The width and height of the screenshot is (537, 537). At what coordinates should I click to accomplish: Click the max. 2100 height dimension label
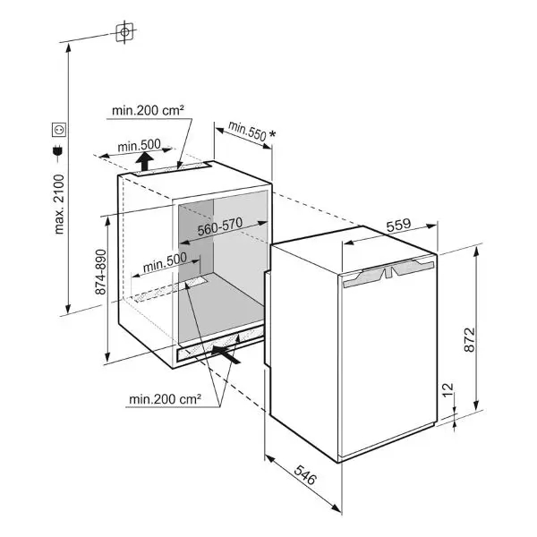(59, 204)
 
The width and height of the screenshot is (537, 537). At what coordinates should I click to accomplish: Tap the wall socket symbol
(58, 130)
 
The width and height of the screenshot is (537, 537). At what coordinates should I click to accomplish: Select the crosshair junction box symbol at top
(124, 32)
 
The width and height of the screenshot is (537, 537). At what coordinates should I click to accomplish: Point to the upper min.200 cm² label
(148, 110)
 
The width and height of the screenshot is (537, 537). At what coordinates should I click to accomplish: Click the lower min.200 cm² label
(165, 399)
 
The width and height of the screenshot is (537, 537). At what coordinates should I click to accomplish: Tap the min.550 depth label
(247, 131)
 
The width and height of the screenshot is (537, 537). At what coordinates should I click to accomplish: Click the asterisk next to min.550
(272, 134)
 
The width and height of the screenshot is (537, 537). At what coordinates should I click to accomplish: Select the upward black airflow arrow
(147, 161)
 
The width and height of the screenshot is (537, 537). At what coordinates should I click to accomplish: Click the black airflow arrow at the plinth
(226, 354)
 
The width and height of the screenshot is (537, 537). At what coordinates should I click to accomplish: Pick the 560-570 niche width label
(220, 226)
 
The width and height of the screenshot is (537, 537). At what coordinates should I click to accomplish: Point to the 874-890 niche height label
(101, 272)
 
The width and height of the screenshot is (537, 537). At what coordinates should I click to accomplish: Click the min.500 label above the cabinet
(139, 146)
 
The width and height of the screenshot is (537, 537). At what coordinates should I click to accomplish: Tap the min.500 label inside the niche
(165, 262)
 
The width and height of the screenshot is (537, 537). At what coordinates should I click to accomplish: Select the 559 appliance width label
(398, 225)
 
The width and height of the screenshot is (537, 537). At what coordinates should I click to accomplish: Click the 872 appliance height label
(470, 340)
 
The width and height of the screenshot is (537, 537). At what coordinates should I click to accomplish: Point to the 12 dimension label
(448, 390)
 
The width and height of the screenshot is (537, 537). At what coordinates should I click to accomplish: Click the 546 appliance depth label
(305, 475)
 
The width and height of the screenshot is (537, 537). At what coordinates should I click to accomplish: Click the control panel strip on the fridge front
(388, 273)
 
